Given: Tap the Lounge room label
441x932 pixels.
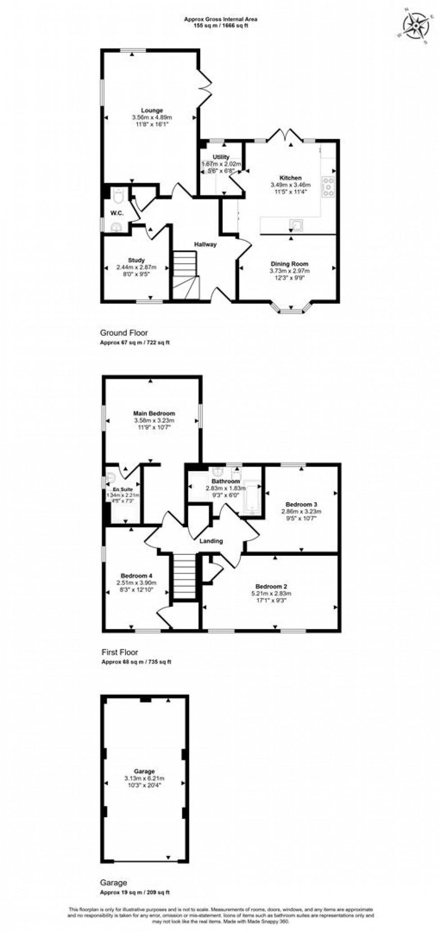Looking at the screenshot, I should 152,110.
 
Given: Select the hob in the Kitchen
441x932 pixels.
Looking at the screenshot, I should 328,187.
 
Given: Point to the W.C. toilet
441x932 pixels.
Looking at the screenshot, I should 118,197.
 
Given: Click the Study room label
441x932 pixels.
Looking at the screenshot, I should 136,260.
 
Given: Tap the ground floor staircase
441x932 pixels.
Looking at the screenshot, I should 185,275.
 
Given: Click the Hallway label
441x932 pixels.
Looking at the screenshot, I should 205,244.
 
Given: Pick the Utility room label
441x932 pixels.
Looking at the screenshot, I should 221,157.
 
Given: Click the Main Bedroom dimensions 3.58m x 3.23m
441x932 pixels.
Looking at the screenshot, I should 154,420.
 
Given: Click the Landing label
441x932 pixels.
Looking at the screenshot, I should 211,541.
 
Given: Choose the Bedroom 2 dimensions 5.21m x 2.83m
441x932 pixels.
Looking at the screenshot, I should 271,594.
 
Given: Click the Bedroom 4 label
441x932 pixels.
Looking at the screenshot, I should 136,576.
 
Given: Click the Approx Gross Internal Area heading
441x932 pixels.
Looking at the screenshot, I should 220,19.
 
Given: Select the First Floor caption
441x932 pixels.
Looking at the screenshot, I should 119,652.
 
